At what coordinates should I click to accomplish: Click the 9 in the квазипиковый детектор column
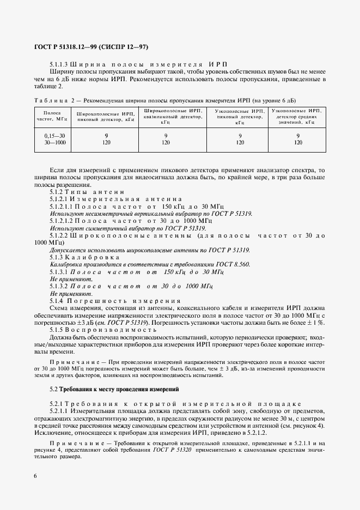coord(166,135)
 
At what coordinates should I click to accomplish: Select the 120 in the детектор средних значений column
coord(298,142)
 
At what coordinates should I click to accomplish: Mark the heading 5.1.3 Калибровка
coord(84,257)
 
